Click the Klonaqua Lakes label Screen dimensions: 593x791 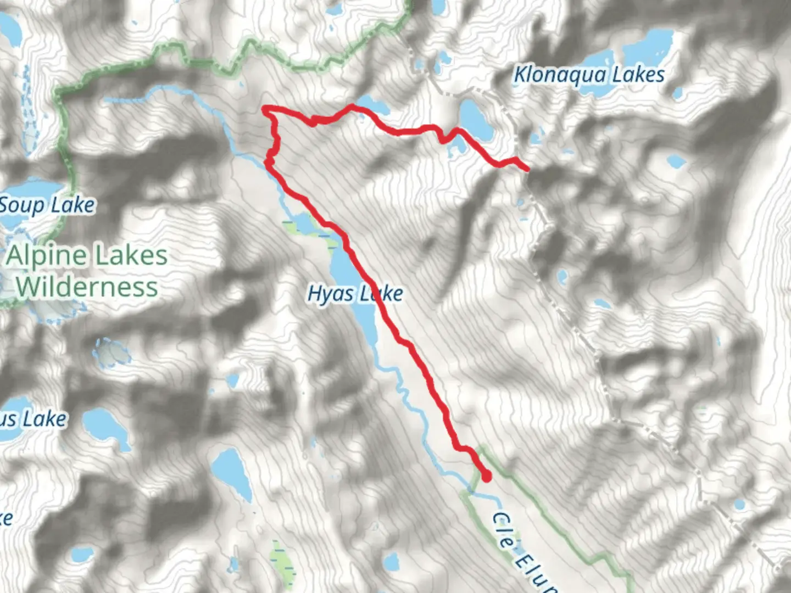pos(588,75)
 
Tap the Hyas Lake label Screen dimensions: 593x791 pos(355,294)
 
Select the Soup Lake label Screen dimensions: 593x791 pos(47,205)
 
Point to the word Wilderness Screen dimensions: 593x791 pos(87,287)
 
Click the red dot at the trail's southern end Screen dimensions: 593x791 pos(486,477)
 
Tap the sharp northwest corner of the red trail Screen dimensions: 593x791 pos(265,109)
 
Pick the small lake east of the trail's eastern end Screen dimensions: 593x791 pos(676,161)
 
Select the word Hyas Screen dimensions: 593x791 pos(331,294)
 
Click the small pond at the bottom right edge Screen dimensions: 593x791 pos(739,504)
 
